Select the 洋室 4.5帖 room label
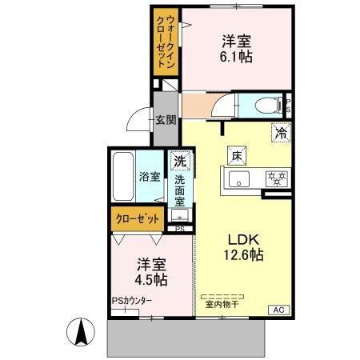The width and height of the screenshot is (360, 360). (150, 271)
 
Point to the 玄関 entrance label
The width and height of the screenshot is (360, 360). (166, 121)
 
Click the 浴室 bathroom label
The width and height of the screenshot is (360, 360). (149, 177)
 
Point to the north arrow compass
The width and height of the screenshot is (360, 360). (81, 331)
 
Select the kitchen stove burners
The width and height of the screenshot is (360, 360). (276, 178)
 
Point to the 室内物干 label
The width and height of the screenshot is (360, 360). (222, 302)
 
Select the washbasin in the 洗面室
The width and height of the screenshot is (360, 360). (181, 214)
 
